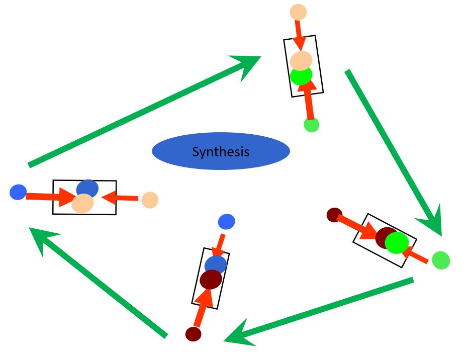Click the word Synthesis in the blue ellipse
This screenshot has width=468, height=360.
[x=221, y=151]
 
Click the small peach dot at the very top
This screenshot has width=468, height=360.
[x=298, y=12]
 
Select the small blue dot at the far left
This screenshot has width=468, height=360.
[x=18, y=192]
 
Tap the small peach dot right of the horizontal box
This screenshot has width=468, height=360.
[x=150, y=200]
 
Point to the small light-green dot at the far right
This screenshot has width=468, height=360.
[x=441, y=260]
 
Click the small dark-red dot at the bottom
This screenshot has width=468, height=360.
[x=193, y=334]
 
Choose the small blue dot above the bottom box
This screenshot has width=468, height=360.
[x=226, y=221]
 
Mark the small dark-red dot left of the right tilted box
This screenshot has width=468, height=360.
[x=334, y=215]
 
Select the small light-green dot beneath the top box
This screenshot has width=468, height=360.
[x=312, y=125]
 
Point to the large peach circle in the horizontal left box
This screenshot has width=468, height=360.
[x=82, y=204]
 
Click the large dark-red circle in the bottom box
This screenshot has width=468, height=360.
[x=211, y=280]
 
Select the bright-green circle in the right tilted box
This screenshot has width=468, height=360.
[x=397, y=242]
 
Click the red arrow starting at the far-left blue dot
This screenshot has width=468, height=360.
[x=50, y=197]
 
